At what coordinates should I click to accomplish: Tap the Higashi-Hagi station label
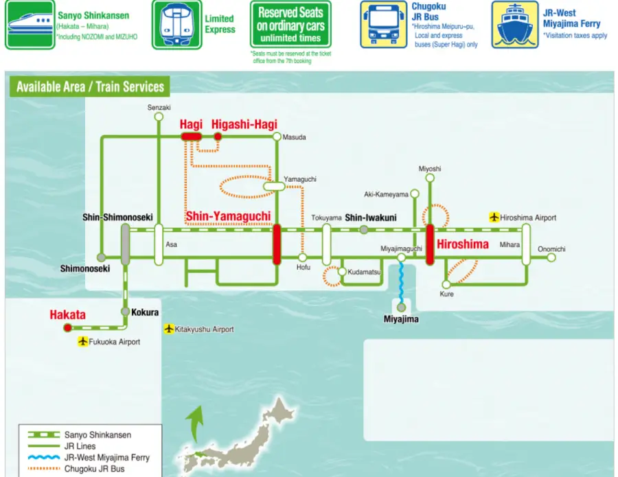[244, 124]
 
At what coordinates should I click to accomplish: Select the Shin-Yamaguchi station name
[228, 216]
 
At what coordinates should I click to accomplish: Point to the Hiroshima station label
[463, 244]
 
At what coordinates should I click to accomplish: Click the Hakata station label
[67, 315]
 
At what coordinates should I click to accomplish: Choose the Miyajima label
[401, 319]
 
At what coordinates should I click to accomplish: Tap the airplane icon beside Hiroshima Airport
[494, 218]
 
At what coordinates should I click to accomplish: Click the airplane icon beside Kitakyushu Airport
[169, 329]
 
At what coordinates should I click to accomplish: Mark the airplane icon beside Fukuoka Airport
[84, 342]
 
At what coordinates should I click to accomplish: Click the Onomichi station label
[552, 249]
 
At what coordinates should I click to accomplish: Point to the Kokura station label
[145, 312]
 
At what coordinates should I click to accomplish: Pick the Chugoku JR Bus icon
[384, 25]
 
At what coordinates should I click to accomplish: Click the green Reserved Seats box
[290, 25]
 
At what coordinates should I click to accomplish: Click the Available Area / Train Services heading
[90, 87]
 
